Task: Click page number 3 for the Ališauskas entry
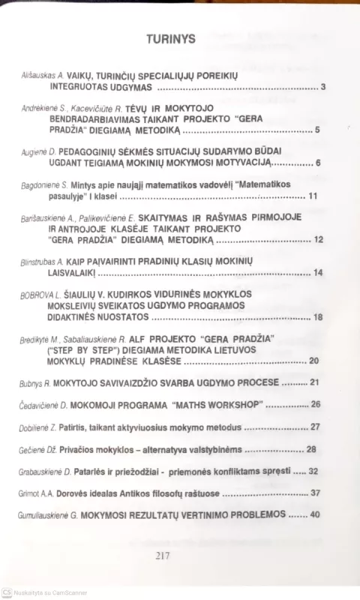coord(322,88)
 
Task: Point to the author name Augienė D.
coord(40,153)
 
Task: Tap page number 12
coord(319,240)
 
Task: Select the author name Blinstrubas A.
coord(46,262)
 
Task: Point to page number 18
coord(318,317)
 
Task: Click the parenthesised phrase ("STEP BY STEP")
coord(79,349)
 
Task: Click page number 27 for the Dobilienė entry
coord(315,427)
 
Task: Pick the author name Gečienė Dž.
coord(38,449)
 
